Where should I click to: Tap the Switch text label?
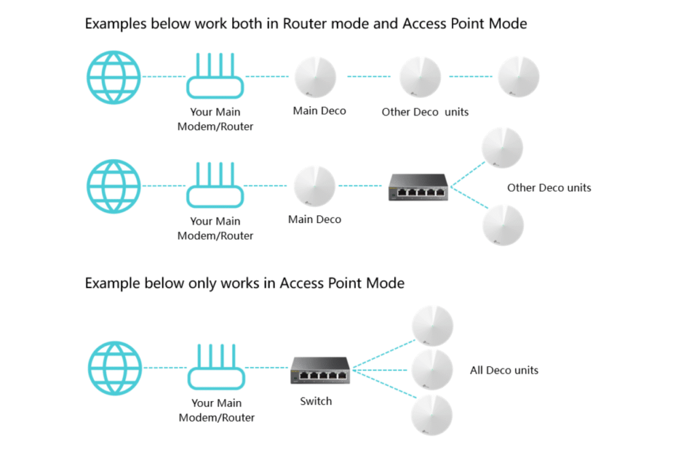click(316, 401)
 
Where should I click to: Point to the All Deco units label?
click(504, 370)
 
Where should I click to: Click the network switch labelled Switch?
click(319, 370)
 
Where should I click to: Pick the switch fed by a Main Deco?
click(418, 186)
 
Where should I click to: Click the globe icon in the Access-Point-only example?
click(114, 369)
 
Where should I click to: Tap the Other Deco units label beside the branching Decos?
click(549, 188)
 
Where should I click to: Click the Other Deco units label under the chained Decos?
click(425, 111)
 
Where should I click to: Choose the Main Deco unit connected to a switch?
click(314, 186)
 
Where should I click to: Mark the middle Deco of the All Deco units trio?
click(433, 370)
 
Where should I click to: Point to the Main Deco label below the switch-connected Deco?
click(314, 220)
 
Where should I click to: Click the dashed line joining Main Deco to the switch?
click(360, 186)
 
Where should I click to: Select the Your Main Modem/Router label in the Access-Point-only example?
click(216, 410)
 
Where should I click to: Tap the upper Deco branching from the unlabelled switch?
click(502, 147)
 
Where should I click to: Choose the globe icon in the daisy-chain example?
click(114, 77)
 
